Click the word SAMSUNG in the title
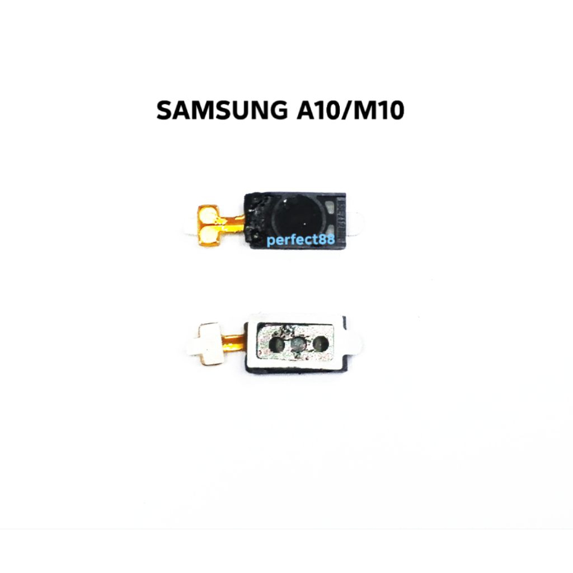tap(220, 110)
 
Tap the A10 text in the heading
tap(317, 110)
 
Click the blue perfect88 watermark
tap(300, 241)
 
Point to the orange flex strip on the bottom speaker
tap(234, 339)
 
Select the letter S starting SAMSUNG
tap(163, 110)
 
